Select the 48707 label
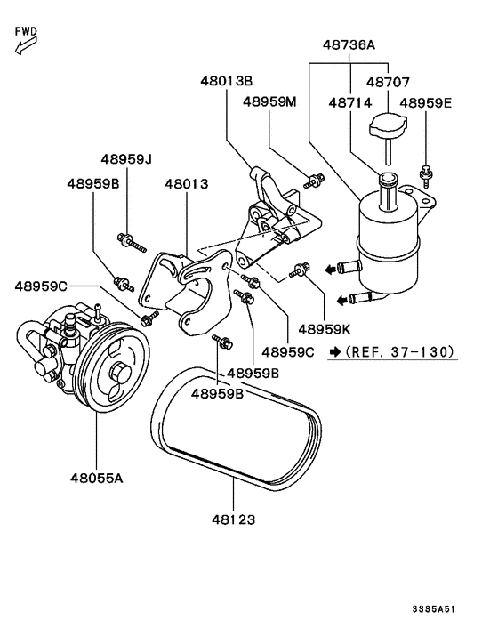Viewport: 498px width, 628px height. pos(389,82)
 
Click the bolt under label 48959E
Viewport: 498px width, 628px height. pos(428,168)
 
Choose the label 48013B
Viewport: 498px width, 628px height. pos(226,81)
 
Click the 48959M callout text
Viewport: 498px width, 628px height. pos(269,102)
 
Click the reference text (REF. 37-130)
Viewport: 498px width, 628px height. pos(401,352)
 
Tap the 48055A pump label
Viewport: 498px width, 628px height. pos(96,478)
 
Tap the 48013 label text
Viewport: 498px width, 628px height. pos(186,184)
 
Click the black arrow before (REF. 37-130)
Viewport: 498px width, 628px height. pos(333,352)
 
